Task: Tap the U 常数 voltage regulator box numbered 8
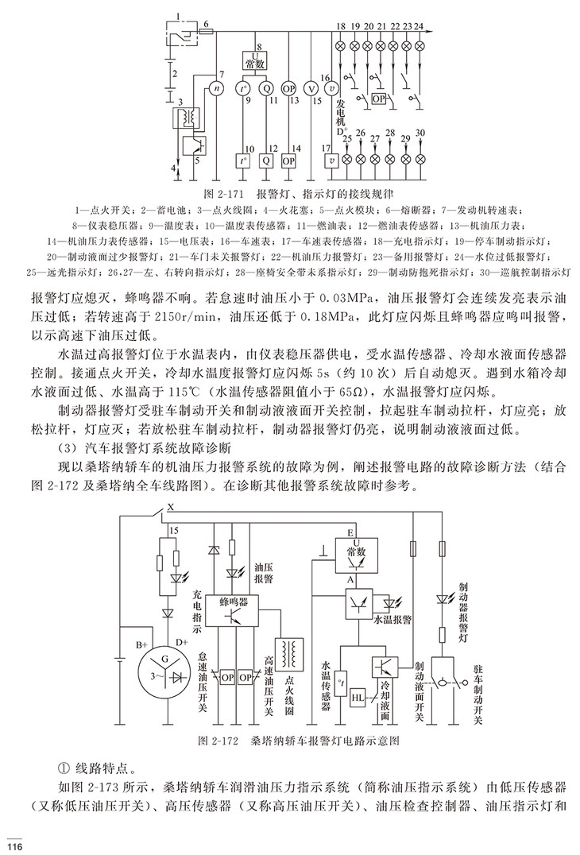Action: [259, 59]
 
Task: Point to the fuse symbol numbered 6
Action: [206, 33]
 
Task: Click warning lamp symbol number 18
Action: [341, 45]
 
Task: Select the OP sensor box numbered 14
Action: [290, 159]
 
